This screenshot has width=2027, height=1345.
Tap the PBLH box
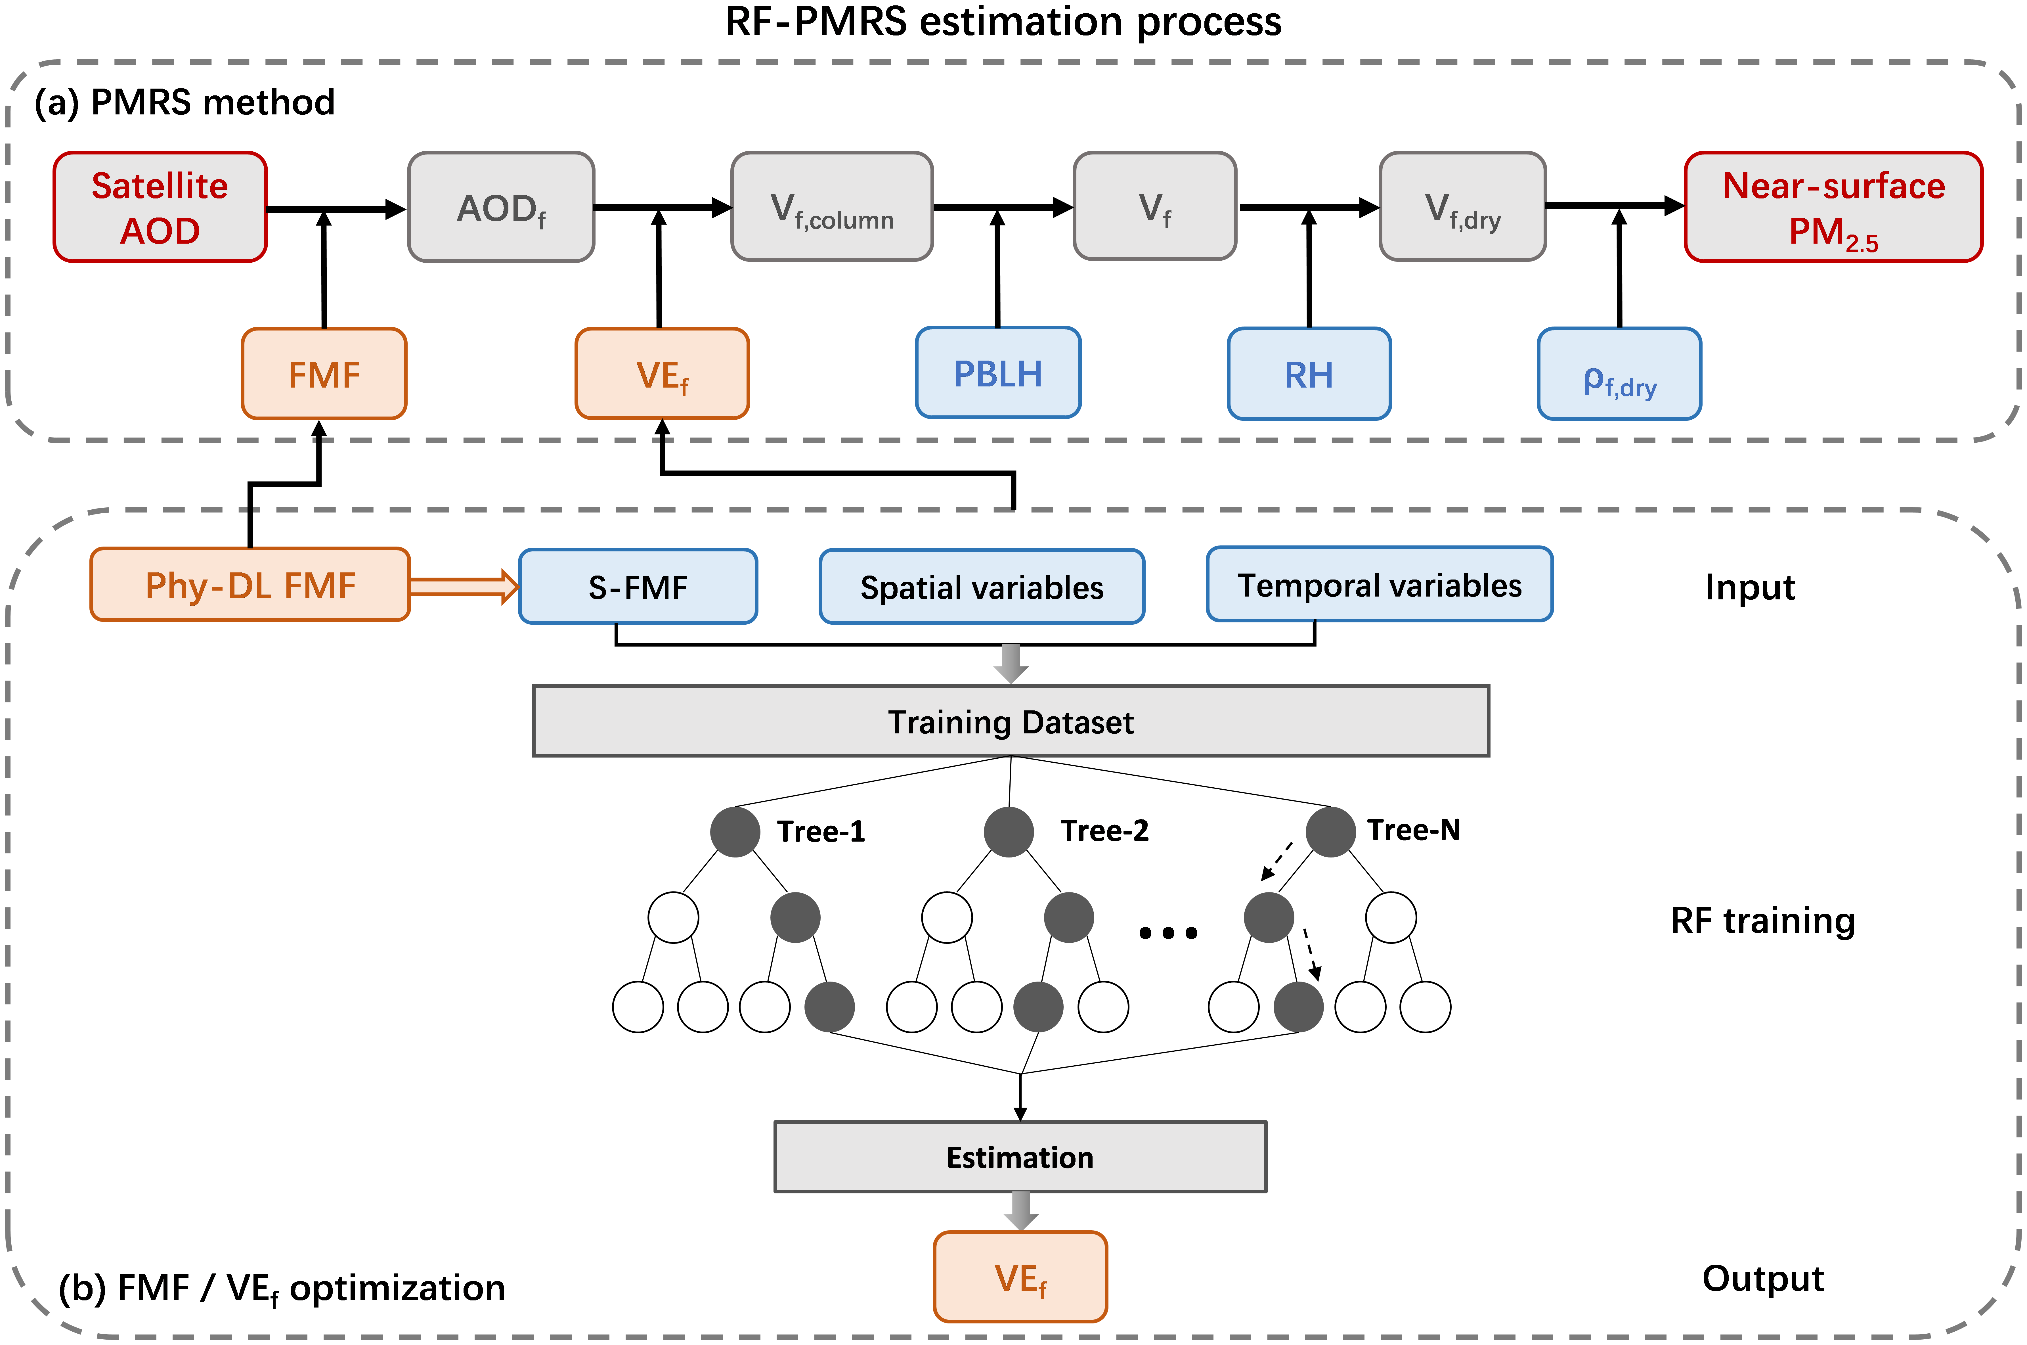coord(998,373)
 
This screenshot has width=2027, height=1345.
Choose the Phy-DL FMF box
coord(250,585)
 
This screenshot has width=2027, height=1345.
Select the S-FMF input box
coord(638,587)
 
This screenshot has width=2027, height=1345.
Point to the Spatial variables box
coord(982,587)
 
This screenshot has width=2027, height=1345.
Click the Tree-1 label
coord(821,831)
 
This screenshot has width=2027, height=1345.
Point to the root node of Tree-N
coord(1330,831)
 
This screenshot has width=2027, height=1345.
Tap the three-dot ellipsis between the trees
coord(1168,932)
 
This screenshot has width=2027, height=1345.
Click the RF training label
coord(1763,921)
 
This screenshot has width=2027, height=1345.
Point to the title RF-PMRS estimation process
coord(1003,22)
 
